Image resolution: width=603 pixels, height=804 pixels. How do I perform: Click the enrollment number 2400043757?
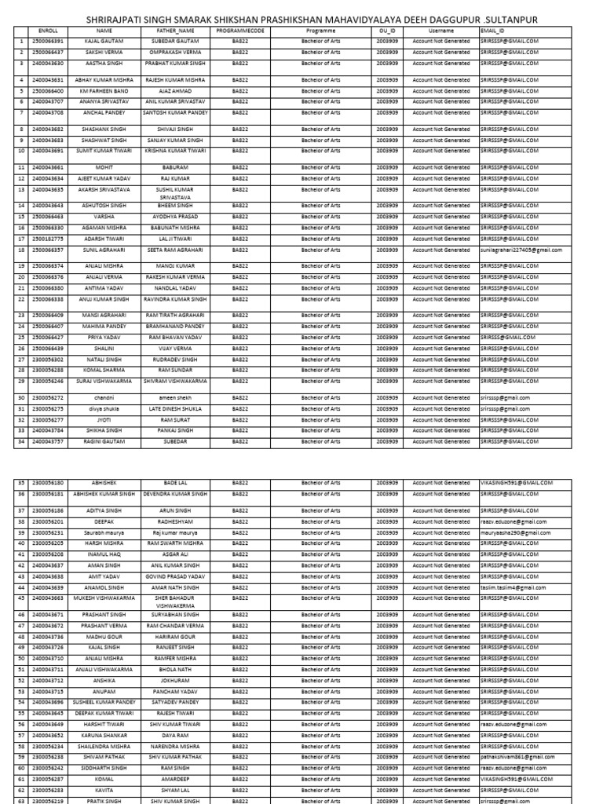[48, 442]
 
